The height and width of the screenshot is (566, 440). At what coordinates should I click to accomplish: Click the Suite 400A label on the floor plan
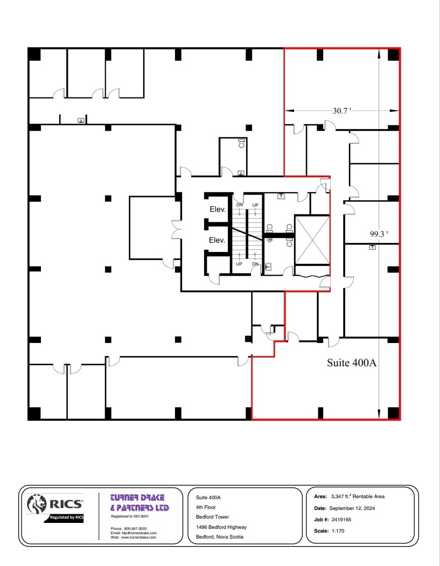(x=351, y=362)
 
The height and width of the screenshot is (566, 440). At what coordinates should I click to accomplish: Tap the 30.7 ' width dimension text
(x=341, y=111)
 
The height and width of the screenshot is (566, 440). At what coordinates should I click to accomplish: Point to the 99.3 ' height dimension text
(x=379, y=234)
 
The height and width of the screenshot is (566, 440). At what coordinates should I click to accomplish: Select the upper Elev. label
(x=217, y=209)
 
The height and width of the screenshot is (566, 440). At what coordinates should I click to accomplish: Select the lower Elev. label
(x=217, y=240)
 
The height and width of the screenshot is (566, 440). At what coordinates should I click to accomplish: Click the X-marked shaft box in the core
(x=311, y=240)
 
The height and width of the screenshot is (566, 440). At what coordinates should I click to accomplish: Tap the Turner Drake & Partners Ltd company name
(x=139, y=502)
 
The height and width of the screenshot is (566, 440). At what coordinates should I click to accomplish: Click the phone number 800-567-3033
(x=135, y=528)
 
